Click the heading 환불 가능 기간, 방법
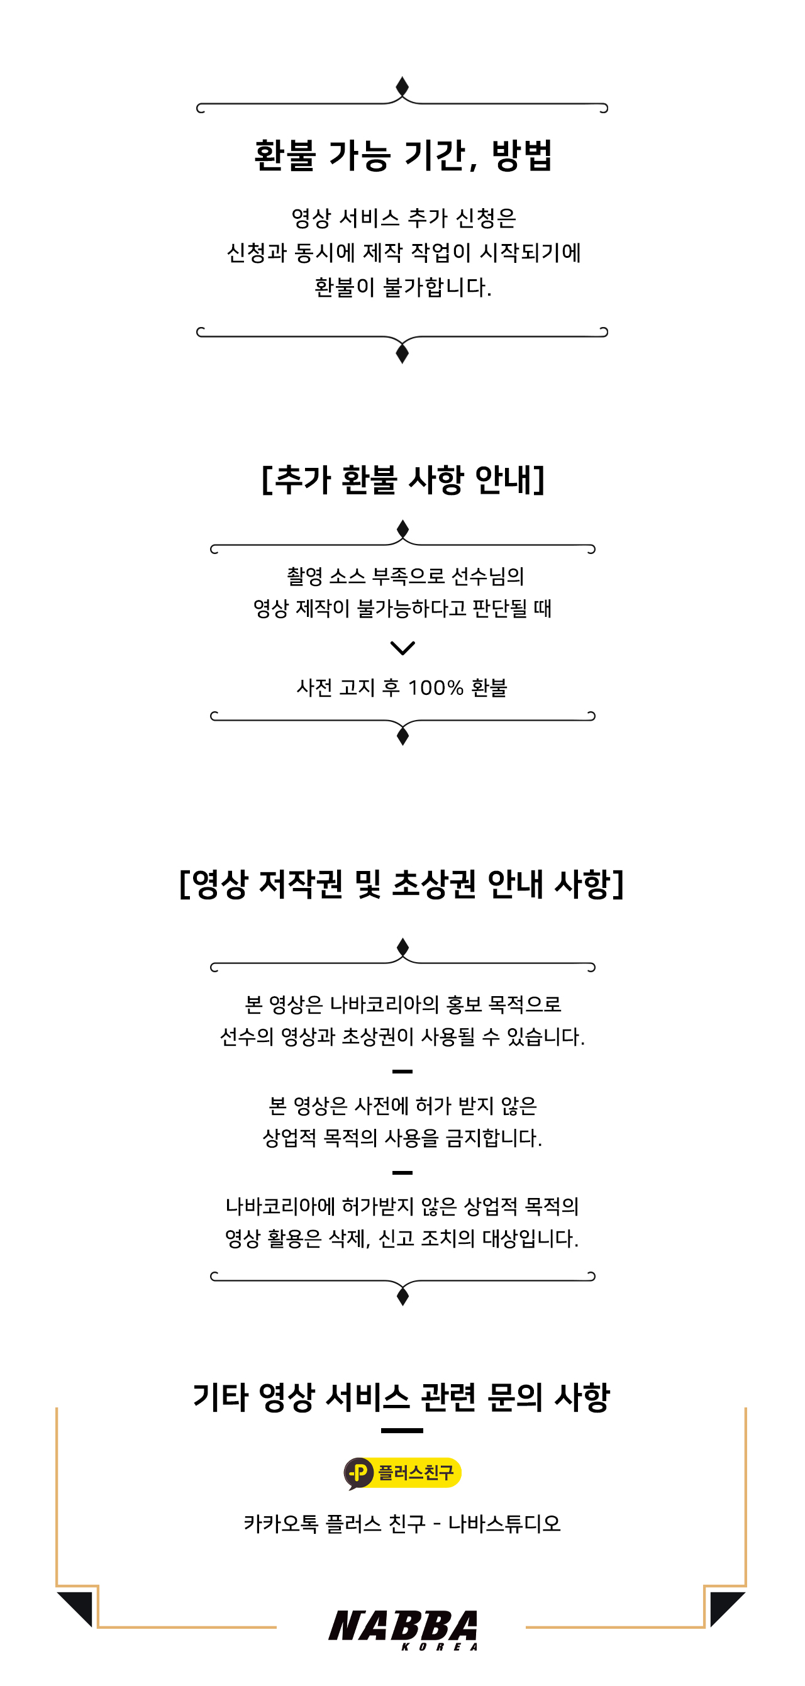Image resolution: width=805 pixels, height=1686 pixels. (402, 156)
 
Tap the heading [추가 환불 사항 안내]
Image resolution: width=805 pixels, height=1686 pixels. (402, 480)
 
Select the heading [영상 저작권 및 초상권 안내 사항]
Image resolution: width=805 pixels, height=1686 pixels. (402, 884)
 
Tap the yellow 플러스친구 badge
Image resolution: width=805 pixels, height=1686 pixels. (402, 1473)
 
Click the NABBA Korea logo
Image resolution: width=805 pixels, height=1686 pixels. (402, 1628)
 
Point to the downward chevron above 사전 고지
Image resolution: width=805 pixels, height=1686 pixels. (402, 648)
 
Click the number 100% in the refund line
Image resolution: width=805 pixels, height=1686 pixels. (435, 688)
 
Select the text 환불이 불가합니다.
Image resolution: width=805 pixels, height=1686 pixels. (402, 287)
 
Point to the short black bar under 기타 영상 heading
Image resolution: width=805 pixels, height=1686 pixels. (402, 1431)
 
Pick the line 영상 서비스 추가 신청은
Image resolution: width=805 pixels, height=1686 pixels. (403, 218)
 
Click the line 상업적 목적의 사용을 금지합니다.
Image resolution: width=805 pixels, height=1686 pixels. (402, 1138)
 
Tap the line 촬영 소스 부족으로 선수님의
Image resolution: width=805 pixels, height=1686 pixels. (406, 577)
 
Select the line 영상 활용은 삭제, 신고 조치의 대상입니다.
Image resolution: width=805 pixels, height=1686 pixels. (402, 1238)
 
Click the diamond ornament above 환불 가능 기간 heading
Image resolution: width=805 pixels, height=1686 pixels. (402, 86)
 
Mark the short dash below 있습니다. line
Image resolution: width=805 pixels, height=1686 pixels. (402, 1072)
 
